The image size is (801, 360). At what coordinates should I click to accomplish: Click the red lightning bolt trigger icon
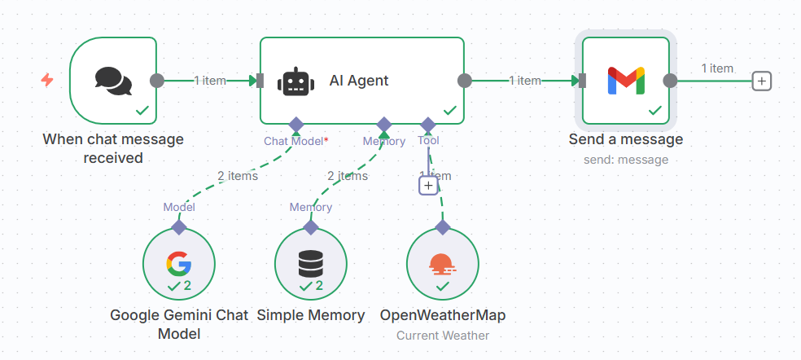tap(47, 80)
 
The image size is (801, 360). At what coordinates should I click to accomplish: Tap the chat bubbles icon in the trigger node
tap(113, 80)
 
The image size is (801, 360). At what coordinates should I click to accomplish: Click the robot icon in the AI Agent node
tap(295, 81)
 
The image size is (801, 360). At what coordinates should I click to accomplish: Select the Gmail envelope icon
tap(626, 80)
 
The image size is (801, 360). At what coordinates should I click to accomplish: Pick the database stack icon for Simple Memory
tap(310, 262)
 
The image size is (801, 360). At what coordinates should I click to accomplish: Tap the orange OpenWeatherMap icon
tap(442, 263)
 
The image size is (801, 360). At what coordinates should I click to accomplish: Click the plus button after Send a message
tap(761, 81)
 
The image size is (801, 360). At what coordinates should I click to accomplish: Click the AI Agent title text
tap(359, 81)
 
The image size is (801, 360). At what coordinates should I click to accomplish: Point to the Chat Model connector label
tap(294, 141)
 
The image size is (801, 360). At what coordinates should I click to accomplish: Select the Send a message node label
tap(625, 139)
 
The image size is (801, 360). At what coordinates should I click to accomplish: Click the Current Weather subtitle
tap(442, 335)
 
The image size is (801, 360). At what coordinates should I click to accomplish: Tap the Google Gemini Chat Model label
tap(178, 323)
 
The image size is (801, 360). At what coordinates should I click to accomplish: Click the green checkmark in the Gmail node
tap(654, 110)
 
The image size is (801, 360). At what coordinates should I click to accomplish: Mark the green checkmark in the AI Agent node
tap(449, 110)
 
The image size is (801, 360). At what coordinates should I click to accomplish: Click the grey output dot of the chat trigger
tap(157, 81)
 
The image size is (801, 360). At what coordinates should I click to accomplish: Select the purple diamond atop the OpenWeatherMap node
tap(442, 226)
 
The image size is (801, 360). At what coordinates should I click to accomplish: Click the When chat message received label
tap(113, 148)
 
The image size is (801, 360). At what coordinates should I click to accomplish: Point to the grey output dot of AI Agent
tap(465, 80)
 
